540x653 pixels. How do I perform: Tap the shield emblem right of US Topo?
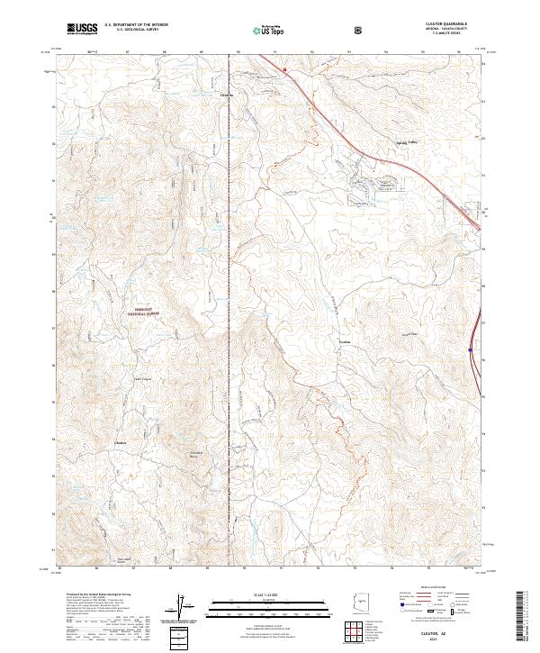tap(359, 30)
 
